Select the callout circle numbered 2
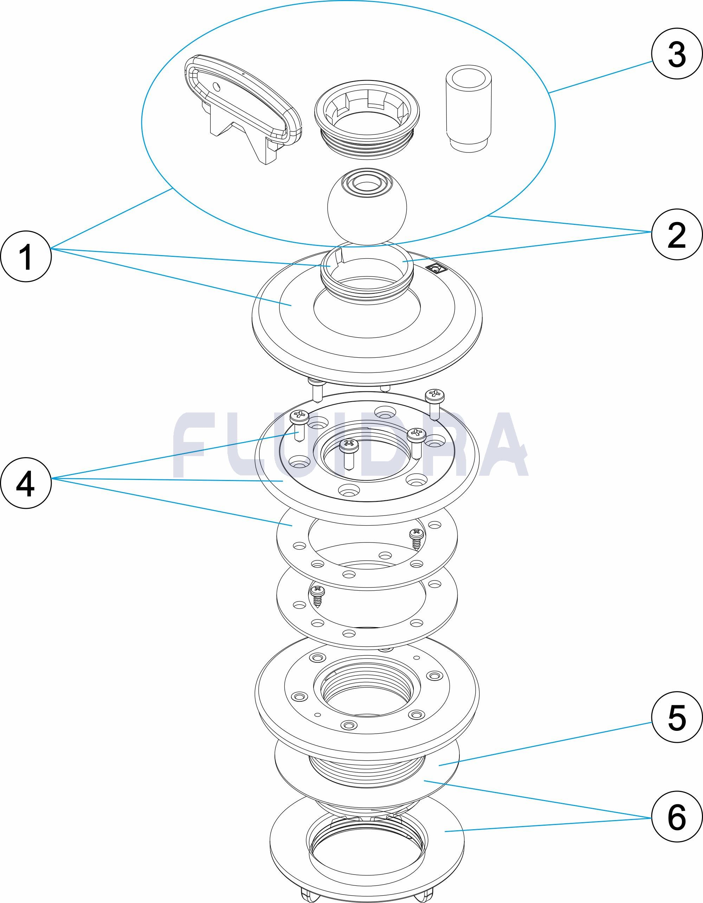point(677,234)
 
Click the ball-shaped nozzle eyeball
point(367,205)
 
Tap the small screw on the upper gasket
point(417,539)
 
